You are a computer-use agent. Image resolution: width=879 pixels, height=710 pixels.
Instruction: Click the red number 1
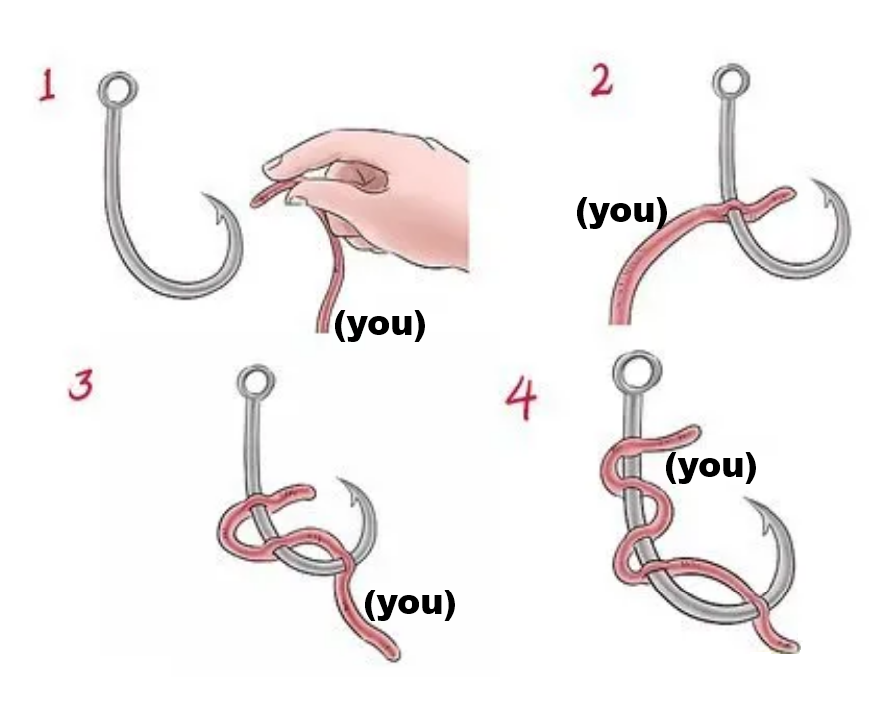click(x=47, y=87)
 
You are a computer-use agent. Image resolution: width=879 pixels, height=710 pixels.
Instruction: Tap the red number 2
click(x=602, y=81)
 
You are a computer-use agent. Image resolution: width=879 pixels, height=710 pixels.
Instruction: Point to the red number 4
click(x=522, y=397)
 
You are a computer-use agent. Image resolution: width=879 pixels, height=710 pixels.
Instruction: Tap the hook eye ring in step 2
click(x=715, y=82)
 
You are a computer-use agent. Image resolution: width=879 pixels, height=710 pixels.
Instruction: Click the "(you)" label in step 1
click(x=380, y=325)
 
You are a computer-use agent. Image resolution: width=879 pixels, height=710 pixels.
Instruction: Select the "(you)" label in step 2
click(x=622, y=211)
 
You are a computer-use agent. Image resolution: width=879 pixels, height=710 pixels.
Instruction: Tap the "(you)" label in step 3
click(x=410, y=603)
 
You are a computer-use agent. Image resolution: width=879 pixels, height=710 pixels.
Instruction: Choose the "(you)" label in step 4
click(x=710, y=467)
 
